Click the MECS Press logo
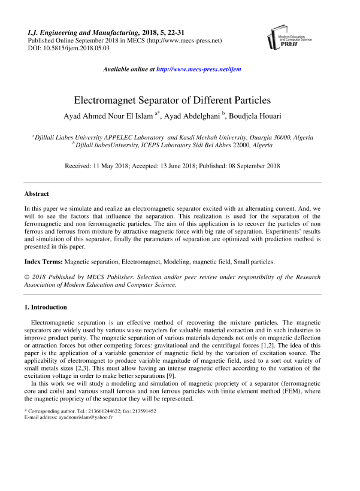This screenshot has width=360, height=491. point(283,38)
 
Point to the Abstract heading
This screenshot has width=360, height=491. point(37,194)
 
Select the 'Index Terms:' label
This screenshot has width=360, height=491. point(43,262)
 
